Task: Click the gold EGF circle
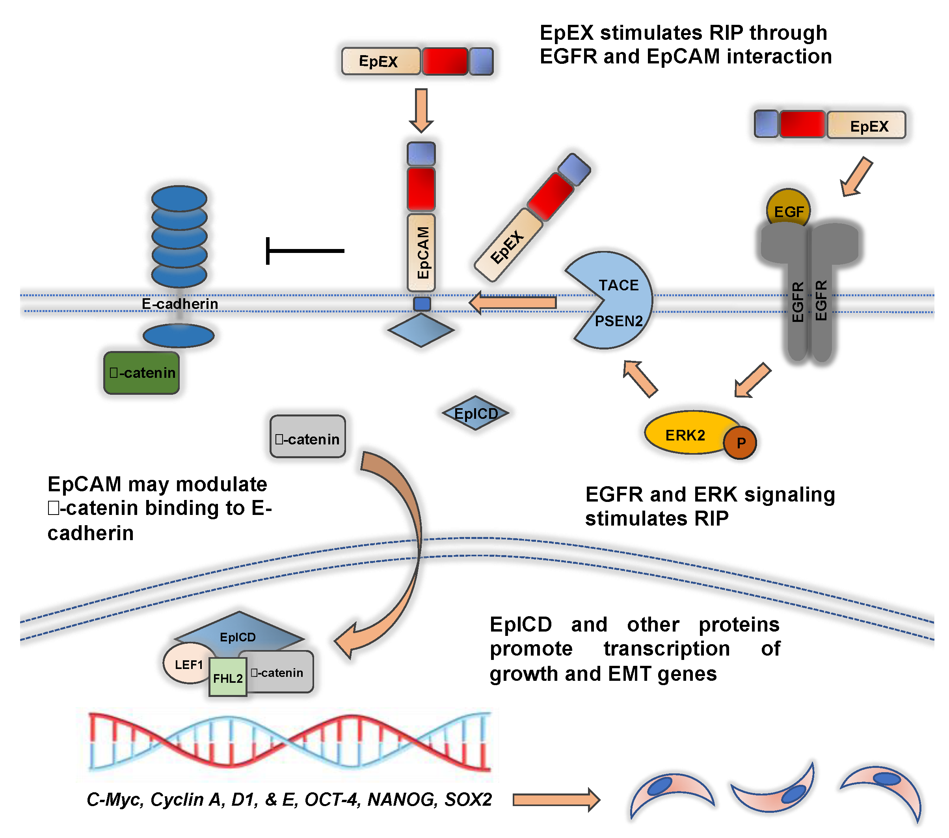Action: [788, 208]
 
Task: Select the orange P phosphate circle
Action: [740, 442]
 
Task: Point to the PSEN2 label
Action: [618, 321]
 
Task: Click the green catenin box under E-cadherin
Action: [141, 373]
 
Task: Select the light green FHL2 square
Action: [227, 677]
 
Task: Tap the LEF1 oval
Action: [188, 664]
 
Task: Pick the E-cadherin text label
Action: [180, 304]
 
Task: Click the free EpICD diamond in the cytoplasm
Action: [475, 413]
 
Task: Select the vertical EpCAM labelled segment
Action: [421, 252]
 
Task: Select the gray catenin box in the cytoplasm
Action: [307, 437]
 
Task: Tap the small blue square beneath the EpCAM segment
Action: [422, 304]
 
